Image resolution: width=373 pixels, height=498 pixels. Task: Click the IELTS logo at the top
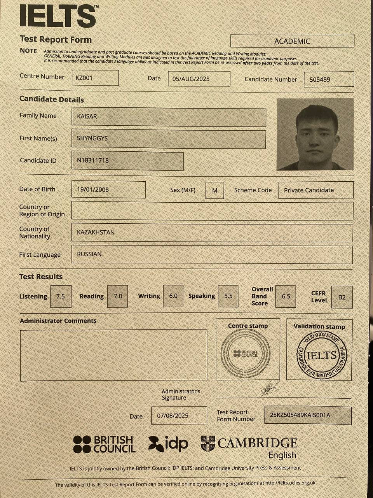[x=58, y=16]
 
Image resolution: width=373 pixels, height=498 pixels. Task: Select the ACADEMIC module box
[x=292, y=41]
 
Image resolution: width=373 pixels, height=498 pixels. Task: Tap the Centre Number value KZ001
[x=95, y=78]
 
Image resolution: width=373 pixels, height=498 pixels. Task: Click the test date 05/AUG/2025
[x=199, y=79]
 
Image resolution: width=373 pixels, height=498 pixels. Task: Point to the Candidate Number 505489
[x=329, y=79]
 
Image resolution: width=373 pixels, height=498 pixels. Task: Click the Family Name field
[x=169, y=117]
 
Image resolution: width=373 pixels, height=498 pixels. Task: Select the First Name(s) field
[x=169, y=139]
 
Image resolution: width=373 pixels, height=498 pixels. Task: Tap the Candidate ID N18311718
[x=127, y=161]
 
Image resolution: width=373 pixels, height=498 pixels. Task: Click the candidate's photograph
[x=315, y=134]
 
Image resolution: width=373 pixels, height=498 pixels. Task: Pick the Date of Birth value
[x=108, y=190]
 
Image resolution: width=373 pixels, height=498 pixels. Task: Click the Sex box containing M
[x=214, y=191]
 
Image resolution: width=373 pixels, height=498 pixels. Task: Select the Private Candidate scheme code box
[x=316, y=190]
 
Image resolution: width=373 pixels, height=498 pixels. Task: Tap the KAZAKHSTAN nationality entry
[x=212, y=233]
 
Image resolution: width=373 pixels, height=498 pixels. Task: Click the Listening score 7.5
[x=61, y=296]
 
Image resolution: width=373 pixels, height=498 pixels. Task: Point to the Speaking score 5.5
[x=228, y=296]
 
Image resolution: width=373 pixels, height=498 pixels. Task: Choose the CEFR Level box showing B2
[x=342, y=297]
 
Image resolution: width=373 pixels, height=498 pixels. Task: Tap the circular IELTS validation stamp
[x=321, y=355]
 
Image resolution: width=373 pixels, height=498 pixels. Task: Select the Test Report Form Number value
[x=308, y=415]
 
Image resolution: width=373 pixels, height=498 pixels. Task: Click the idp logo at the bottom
[x=168, y=444]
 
